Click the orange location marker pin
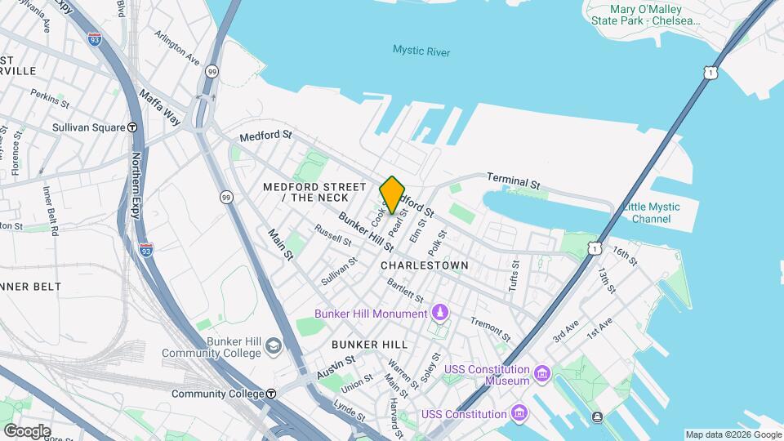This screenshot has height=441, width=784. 392,194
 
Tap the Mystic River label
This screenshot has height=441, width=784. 421,51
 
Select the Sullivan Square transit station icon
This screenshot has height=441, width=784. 132,127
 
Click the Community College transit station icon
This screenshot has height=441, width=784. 271,394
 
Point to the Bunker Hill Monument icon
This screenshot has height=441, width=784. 440,313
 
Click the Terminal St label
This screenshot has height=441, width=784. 514,181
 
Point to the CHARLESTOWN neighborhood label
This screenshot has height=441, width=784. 425,265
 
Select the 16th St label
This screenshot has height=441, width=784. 625,256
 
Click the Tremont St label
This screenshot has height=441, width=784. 490,329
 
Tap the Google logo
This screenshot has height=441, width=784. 27,430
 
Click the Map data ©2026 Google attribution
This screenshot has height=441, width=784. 733,434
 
